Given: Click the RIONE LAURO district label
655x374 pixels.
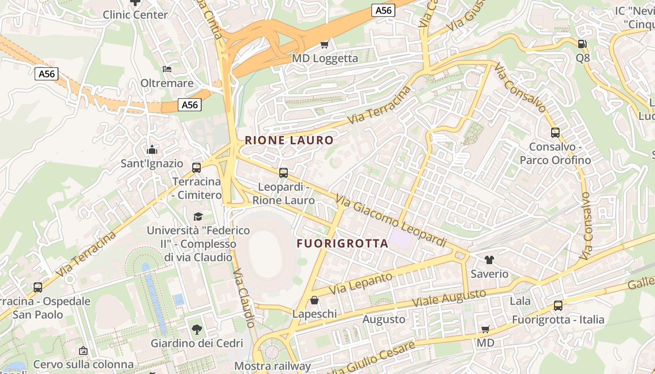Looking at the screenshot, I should (289, 140).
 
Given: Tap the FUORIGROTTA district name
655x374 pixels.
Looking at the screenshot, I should (342, 244).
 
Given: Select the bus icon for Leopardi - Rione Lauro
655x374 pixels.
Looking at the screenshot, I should (284, 173).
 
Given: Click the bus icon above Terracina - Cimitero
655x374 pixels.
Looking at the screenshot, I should (196, 167).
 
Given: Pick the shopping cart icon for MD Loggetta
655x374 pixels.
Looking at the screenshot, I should (324, 44).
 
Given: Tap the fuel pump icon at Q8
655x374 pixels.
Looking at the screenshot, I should (582, 44).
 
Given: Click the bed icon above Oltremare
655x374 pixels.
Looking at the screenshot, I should (167, 69).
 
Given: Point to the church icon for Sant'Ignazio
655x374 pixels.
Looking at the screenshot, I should (152, 150).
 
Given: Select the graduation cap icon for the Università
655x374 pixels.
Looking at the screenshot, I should (198, 216).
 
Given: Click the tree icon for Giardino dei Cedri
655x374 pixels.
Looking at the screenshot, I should (197, 330).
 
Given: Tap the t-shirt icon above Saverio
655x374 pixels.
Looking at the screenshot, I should (489, 260).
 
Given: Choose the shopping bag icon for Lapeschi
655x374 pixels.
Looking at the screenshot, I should (314, 300).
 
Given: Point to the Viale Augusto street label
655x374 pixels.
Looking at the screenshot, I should (449, 298).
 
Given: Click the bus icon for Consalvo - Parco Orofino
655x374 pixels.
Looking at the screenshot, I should (555, 133).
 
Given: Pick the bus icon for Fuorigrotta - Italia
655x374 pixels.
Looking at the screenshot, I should (558, 306).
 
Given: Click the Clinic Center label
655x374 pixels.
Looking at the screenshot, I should (135, 15).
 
